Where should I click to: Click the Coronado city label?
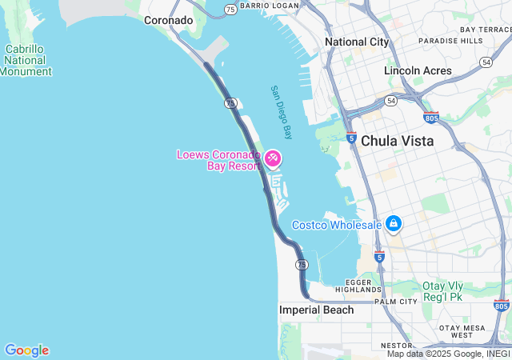168,20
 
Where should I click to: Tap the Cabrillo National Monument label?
25,60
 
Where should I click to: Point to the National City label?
357,42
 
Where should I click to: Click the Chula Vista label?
397,141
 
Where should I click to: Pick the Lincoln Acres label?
418,70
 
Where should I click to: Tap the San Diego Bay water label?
281,112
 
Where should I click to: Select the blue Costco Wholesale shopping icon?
393,224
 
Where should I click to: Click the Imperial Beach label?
316,310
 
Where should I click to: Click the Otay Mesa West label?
462,331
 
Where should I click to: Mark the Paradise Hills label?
450,40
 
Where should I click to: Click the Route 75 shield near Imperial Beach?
301,264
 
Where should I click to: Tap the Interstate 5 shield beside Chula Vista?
351,138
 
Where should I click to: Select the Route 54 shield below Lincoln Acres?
390,100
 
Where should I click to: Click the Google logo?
26,350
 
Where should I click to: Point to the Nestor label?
395,345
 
